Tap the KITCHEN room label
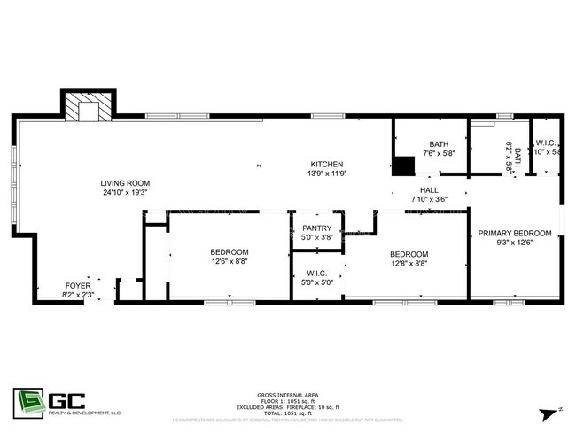pyautogui.click(x=326, y=164)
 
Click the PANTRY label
pyautogui.click(x=316, y=228)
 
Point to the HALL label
pyautogui.click(x=429, y=189)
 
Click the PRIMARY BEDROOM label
pyautogui.click(x=515, y=233)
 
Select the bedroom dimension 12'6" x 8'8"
pyautogui.click(x=230, y=261)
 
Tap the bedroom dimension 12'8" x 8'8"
pyautogui.click(x=409, y=263)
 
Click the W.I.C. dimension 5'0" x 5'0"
pyautogui.click(x=317, y=283)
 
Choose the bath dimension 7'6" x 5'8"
pyautogui.click(x=439, y=153)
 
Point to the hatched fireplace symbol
pyautogui.click(x=87, y=108)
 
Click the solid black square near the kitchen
pyautogui.click(x=404, y=166)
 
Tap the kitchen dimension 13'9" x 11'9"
pyautogui.click(x=326, y=174)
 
